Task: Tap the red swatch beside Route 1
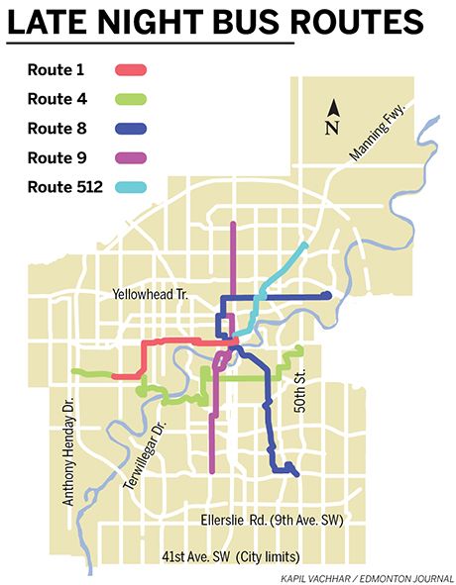(x=132, y=70)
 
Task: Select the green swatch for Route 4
(x=132, y=99)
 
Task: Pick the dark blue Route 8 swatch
(x=132, y=128)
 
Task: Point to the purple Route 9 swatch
(x=132, y=157)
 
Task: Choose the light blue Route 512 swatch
(x=132, y=186)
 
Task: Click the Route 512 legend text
(x=60, y=186)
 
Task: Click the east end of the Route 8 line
(x=327, y=295)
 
